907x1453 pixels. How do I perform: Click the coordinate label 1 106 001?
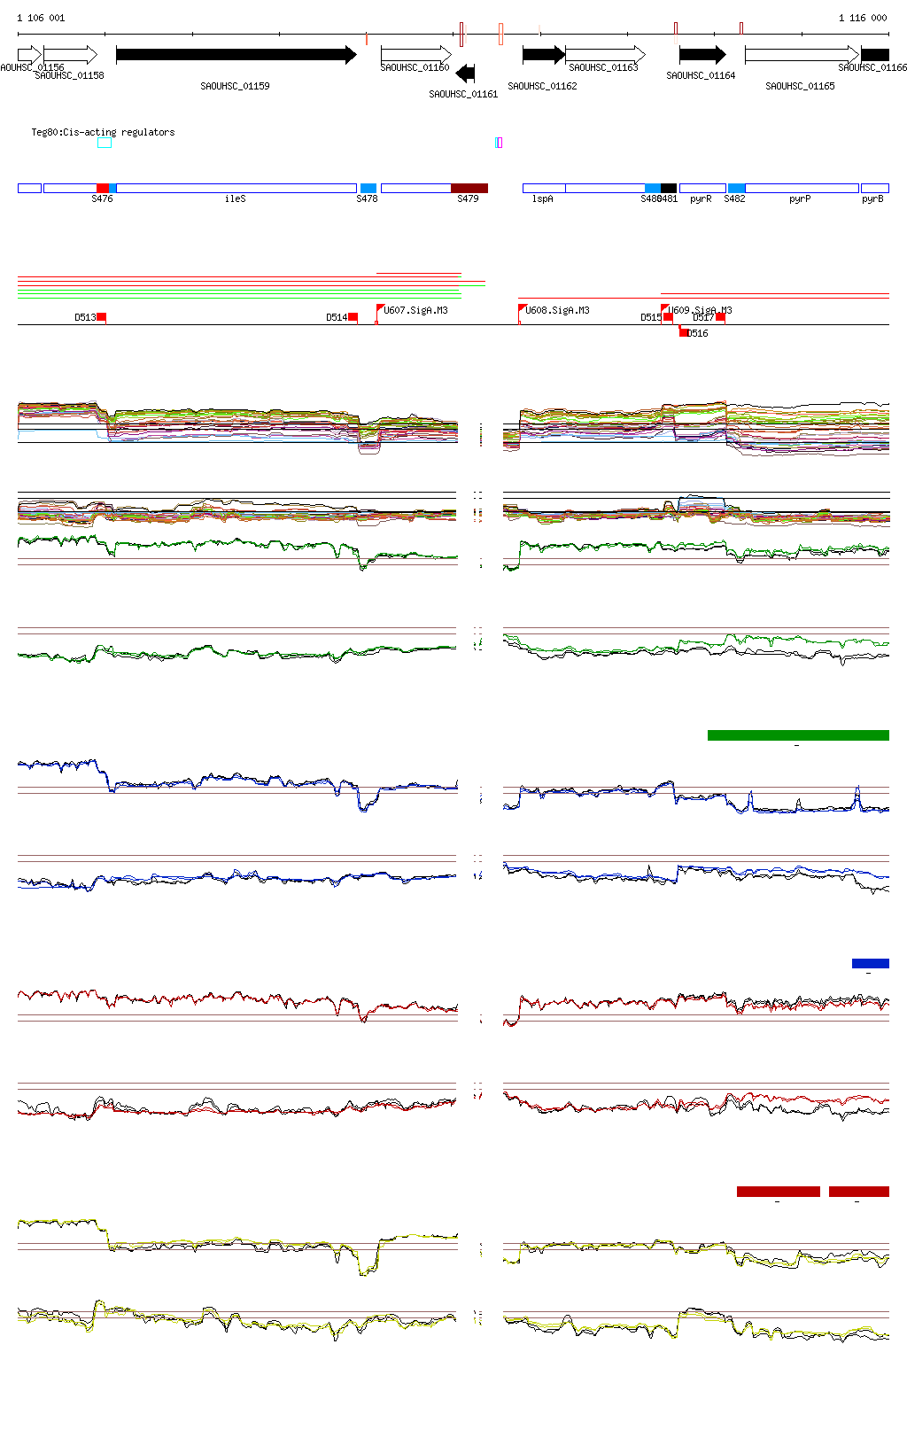[41, 18]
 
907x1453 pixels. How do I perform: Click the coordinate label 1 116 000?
[863, 18]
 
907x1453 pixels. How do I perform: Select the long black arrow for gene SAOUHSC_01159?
[236, 55]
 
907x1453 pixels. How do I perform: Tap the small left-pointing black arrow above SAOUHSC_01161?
[465, 74]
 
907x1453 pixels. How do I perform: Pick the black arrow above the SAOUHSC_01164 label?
[702, 55]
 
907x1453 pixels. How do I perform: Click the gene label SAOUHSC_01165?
[800, 86]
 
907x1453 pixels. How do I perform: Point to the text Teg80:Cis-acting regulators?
[103, 132]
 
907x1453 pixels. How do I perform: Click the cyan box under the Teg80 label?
[105, 143]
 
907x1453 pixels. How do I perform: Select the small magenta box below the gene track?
[499, 143]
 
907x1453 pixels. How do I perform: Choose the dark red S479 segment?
[469, 188]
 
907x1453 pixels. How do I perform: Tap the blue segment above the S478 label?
[368, 188]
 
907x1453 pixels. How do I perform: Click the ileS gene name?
[235, 199]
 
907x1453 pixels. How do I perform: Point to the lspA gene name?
[542, 199]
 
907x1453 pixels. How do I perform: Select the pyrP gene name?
[800, 199]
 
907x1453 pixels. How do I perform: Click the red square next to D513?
[102, 317]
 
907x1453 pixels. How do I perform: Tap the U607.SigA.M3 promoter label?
[415, 310]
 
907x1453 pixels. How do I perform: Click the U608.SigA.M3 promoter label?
[557, 310]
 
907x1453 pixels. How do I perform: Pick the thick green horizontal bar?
[798, 734]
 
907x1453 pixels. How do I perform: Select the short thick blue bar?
[870, 963]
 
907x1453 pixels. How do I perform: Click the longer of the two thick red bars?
[778, 1192]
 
